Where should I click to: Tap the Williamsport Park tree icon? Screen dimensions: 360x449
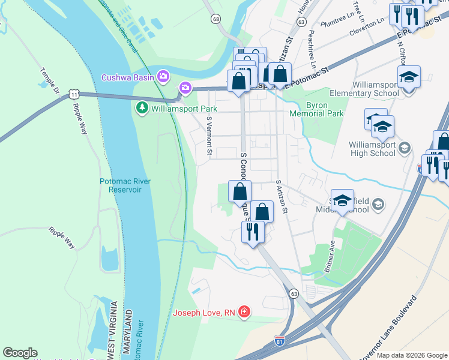142,109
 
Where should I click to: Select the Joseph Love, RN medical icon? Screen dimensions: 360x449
244,312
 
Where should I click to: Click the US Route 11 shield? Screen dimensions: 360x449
73,95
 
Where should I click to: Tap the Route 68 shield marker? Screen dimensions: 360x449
215,19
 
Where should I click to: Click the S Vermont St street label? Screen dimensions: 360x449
209,137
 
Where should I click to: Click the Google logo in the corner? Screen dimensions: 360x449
20,353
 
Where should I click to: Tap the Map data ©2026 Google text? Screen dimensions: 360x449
411,355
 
